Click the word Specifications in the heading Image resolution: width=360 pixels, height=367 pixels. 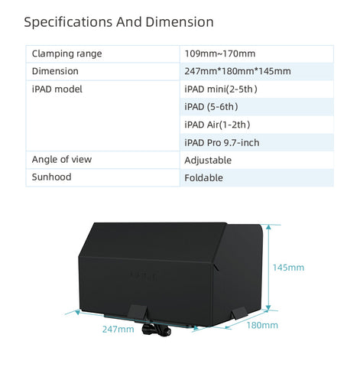[68, 22]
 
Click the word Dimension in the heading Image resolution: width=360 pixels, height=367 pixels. [180, 22]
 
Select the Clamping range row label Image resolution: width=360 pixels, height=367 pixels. [66, 54]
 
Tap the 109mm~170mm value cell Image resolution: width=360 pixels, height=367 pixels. [220, 54]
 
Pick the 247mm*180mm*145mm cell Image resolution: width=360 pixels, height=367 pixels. [238, 71]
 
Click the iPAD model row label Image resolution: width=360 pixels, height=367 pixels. [57, 89]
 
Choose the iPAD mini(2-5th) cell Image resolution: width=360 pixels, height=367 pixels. [221, 89]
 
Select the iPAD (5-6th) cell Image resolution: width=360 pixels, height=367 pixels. [211, 107]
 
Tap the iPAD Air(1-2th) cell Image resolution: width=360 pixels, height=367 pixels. [217, 125]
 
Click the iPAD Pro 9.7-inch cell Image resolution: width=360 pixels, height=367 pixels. [222, 143]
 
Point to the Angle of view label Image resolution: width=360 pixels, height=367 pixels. [62, 160]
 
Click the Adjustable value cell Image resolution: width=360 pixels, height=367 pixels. [208, 161]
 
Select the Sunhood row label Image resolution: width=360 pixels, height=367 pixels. [51, 177]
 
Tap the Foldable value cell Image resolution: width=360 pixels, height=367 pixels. [203, 178]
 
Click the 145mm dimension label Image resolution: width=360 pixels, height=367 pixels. [288, 268]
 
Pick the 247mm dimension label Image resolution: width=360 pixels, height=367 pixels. [118, 330]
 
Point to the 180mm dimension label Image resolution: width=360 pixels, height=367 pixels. [262, 325]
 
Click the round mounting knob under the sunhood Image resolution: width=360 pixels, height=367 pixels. [156, 330]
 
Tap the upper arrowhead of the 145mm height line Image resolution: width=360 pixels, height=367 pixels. [268, 228]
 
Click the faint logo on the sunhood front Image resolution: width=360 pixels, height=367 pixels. [144, 276]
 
